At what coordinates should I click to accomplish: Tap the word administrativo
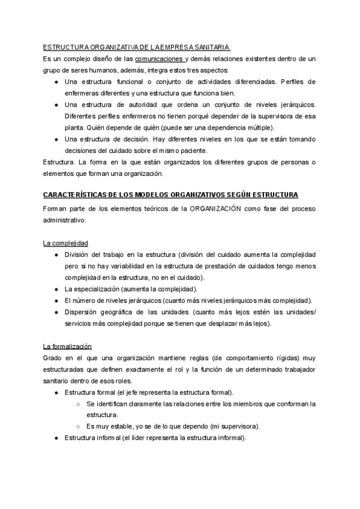65,220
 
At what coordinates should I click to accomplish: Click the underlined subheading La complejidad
65,242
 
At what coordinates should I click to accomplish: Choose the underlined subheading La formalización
67,346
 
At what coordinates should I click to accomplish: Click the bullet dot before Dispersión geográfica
56,312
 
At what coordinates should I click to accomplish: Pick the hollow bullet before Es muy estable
79,427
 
